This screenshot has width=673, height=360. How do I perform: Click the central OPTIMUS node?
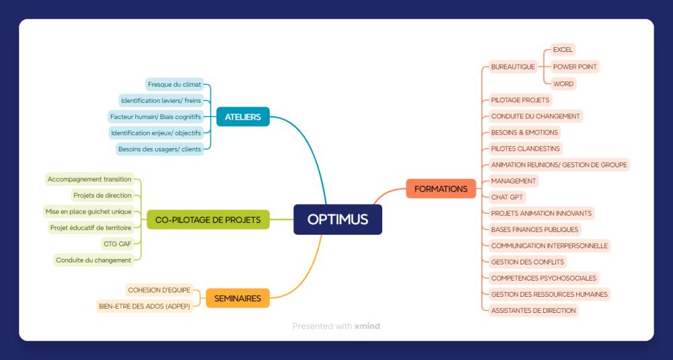click(x=337, y=219)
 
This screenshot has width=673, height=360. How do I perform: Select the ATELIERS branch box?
click(x=243, y=116)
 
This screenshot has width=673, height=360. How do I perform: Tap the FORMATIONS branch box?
click(x=441, y=189)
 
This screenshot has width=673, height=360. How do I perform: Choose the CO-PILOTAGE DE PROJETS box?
click(x=208, y=219)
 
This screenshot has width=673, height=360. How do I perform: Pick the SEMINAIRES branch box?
click(x=238, y=298)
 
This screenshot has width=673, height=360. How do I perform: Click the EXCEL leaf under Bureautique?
click(x=563, y=50)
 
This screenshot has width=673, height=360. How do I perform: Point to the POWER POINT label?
click(x=575, y=67)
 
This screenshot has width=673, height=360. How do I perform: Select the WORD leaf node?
click(x=563, y=83)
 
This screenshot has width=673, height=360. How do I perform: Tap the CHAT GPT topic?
click(x=507, y=197)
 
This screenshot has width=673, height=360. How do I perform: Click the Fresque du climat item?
click(x=174, y=85)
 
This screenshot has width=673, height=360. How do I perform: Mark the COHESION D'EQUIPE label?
click(x=160, y=290)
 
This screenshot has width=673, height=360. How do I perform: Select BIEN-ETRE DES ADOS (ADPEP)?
click(x=145, y=306)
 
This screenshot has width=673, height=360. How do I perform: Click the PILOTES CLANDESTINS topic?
click(x=526, y=149)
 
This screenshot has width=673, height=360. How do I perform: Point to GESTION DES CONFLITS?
click(x=528, y=262)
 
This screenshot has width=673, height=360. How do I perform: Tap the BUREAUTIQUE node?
click(x=513, y=67)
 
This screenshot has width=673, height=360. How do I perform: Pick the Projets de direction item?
click(x=102, y=195)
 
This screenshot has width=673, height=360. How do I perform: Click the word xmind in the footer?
click(x=367, y=326)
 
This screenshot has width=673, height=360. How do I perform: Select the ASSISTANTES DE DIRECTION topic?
click(x=534, y=310)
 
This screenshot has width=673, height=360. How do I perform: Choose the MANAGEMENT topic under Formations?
click(x=513, y=180)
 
